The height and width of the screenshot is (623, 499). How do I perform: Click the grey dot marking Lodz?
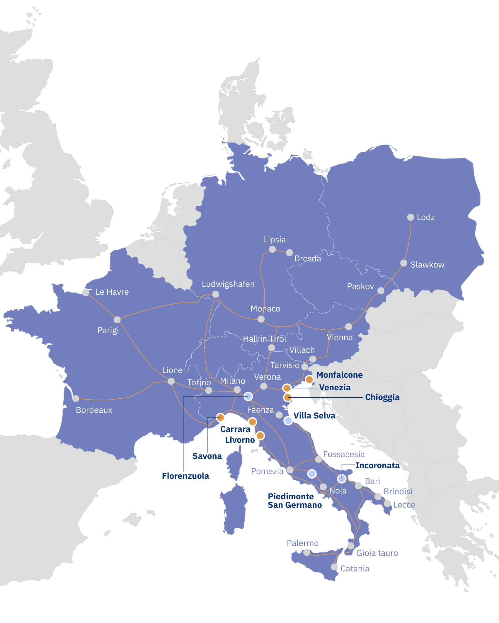click(x=411, y=217)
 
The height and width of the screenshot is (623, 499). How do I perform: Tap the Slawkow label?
click(x=427, y=265)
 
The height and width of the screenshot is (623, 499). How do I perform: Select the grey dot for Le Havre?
click(x=86, y=292)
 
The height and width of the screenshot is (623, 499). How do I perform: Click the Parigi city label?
click(x=108, y=330)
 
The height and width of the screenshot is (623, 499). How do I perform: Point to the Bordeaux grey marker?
click(x=76, y=398)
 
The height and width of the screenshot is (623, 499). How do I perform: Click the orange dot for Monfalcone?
click(x=309, y=379)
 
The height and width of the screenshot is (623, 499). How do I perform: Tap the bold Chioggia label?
click(x=382, y=397)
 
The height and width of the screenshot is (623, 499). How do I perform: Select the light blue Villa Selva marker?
click(x=288, y=421)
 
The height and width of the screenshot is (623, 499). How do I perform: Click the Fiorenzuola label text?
click(x=185, y=476)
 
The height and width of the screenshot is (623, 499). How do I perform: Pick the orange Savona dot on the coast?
click(x=220, y=417)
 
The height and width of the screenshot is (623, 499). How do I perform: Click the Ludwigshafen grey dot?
click(x=215, y=294)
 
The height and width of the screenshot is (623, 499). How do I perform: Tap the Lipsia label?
click(x=275, y=239)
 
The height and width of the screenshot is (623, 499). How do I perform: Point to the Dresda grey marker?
click(x=289, y=252)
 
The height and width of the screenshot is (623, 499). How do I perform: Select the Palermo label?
click(x=302, y=543)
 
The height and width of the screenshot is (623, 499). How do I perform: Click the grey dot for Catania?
click(x=334, y=567)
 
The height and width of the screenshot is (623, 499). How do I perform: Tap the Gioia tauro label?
click(x=377, y=553)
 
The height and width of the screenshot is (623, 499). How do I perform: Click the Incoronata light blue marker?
click(x=342, y=479)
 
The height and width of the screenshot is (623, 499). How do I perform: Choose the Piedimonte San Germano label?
click(x=295, y=501)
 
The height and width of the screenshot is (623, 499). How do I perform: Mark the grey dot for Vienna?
click(x=348, y=326)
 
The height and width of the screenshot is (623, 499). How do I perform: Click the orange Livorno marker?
click(x=260, y=436)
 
